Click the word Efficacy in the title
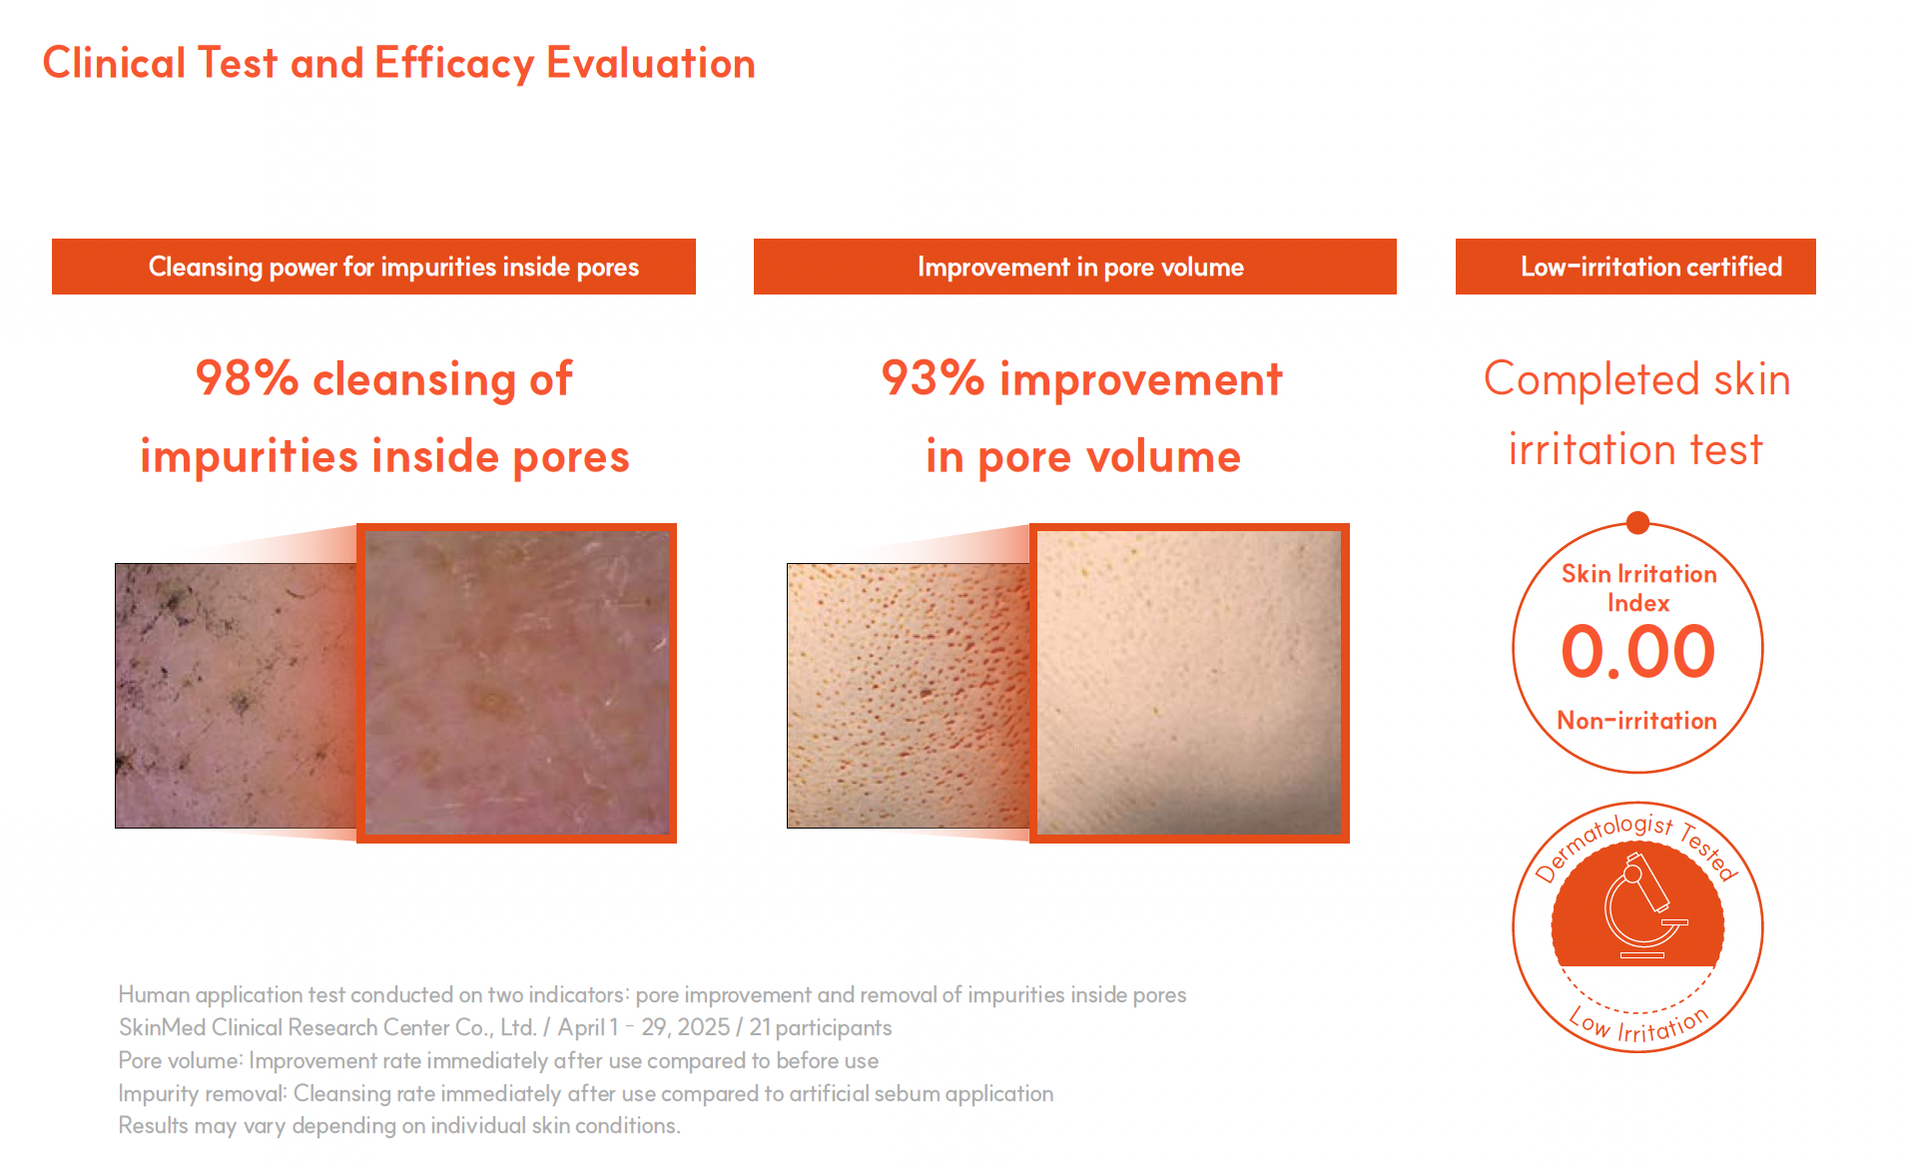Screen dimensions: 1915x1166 tap(454, 64)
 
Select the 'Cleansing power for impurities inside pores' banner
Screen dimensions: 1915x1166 tap(373, 267)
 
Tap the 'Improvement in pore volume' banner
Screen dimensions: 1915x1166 tap(1075, 267)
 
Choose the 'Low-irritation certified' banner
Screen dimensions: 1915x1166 tap(1635, 267)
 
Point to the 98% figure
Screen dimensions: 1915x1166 tap(247, 378)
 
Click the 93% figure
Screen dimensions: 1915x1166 tap(933, 378)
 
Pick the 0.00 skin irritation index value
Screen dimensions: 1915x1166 tap(1637, 652)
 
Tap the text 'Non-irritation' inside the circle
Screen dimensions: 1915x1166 tap(1637, 721)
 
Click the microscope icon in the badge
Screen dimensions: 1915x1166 tap(1642, 903)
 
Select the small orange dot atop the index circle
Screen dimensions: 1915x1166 tap(1637, 522)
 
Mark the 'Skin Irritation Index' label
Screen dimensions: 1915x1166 tap(1638, 588)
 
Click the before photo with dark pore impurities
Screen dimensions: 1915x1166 tap(236, 696)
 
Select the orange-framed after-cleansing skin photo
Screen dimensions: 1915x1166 tap(516, 683)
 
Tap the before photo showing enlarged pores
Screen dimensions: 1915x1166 tap(908, 696)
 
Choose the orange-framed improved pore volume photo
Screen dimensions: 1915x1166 tap(1189, 683)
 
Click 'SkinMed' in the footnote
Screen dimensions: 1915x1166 tap(162, 1027)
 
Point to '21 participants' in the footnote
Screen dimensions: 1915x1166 tap(821, 1027)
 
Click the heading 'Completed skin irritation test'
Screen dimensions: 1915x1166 tap(1637, 414)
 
